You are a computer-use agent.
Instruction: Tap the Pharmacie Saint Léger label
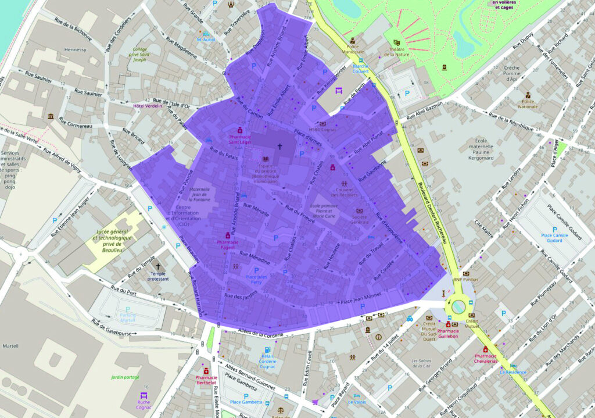pyautogui.click(x=239, y=140)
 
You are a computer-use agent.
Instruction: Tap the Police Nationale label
pyautogui.click(x=528, y=104)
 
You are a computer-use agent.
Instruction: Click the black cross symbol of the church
pyautogui.click(x=279, y=148)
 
